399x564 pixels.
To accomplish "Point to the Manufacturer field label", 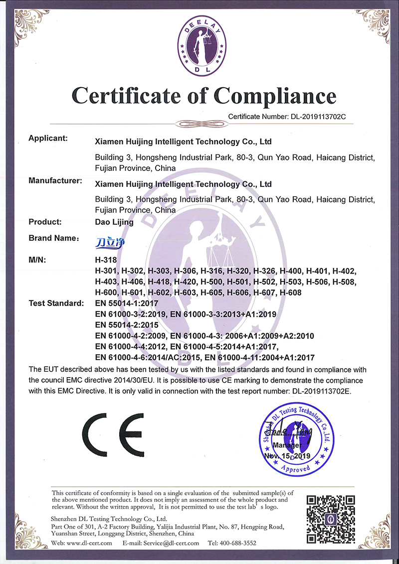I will click(x=55, y=181).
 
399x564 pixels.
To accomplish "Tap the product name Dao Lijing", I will click(x=114, y=223).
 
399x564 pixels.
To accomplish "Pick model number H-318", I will click(x=105, y=260).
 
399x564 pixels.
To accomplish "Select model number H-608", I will click(x=291, y=292).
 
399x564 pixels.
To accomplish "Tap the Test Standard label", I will click(x=56, y=303).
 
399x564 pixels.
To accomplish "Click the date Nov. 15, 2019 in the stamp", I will click(x=287, y=456).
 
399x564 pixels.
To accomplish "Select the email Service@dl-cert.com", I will click(x=168, y=543).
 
